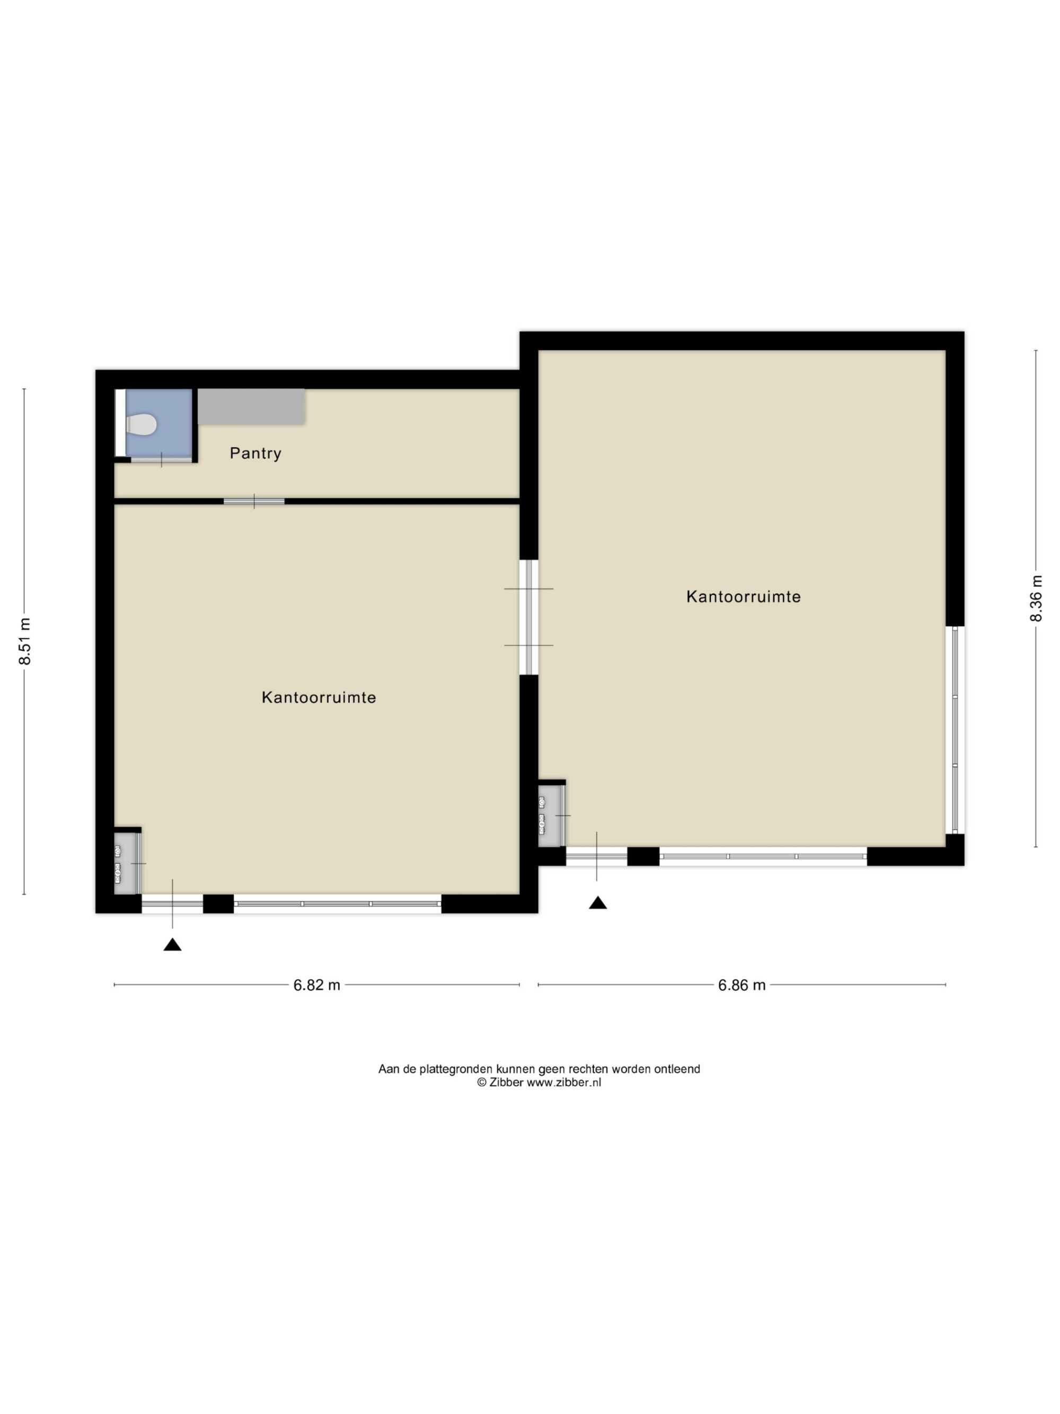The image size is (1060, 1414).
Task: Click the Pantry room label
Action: pyautogui.click(x=255, y=453)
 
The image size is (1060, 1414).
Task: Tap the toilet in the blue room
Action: pyautogui.click(x=141, y=424)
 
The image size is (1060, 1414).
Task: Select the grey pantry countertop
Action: pyautogui.click(x=251, y=407)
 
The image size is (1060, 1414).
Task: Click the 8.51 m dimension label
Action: pyautogui.click(x=25, y=641)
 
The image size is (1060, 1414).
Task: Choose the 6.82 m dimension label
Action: pyautogui.click(x=316, y=985)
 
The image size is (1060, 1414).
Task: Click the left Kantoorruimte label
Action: pyautogui.click(x=319, y=697)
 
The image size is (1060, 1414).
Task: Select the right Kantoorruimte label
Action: pyautogui.click(x=743, y=596)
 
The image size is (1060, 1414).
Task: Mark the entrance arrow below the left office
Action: pyautogui.click(x=172, y=944)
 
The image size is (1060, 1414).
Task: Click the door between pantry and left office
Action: pyautogui.click(x=254, y=501)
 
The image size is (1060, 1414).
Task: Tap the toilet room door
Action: pyautogui.click(x=161, y=459)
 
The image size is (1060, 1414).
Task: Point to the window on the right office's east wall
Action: pyautogui.click(x=955, y=730)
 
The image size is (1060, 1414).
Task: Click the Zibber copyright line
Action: pyautogui.click(x=538, y=1082)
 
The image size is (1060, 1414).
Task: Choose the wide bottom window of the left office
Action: pyautogui.click(x=338, y=903)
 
